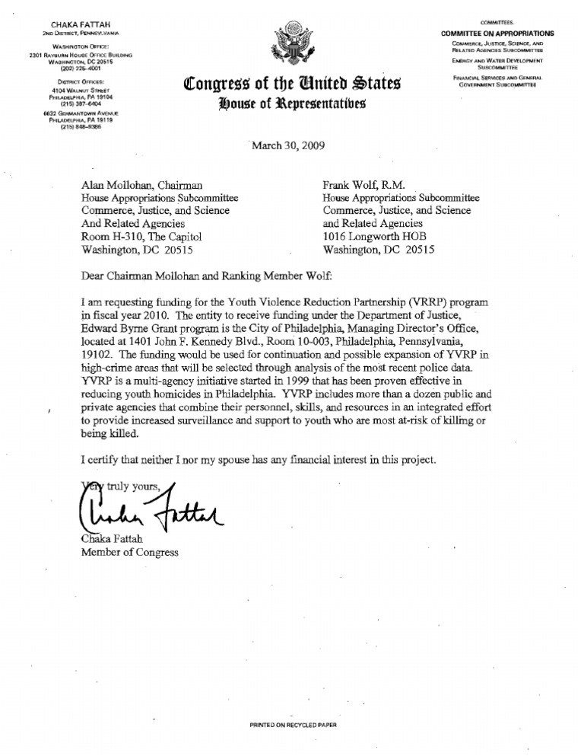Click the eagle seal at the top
tap(292, 45)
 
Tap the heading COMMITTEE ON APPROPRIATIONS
tap(498, 33)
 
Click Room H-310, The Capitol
tap(141, 236)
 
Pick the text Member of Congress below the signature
tap(130, 552)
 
